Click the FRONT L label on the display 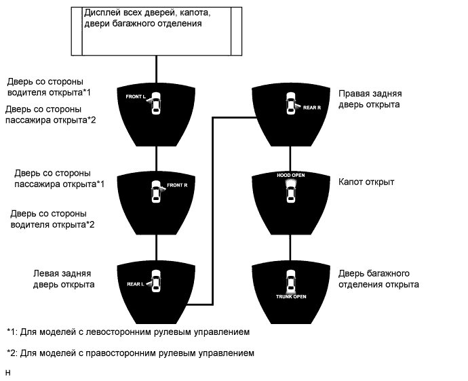[136, 97]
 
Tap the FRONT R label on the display [176, 185]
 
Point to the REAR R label [312, 107]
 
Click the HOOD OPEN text [291, 175]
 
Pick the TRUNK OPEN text [291, 297]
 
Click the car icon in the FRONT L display [156, 102]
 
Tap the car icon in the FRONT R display [156, 192]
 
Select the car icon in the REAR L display [156, 281]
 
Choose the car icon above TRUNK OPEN [291, 281]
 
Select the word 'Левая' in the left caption [47, 273]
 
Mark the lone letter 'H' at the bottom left [7, 372]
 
